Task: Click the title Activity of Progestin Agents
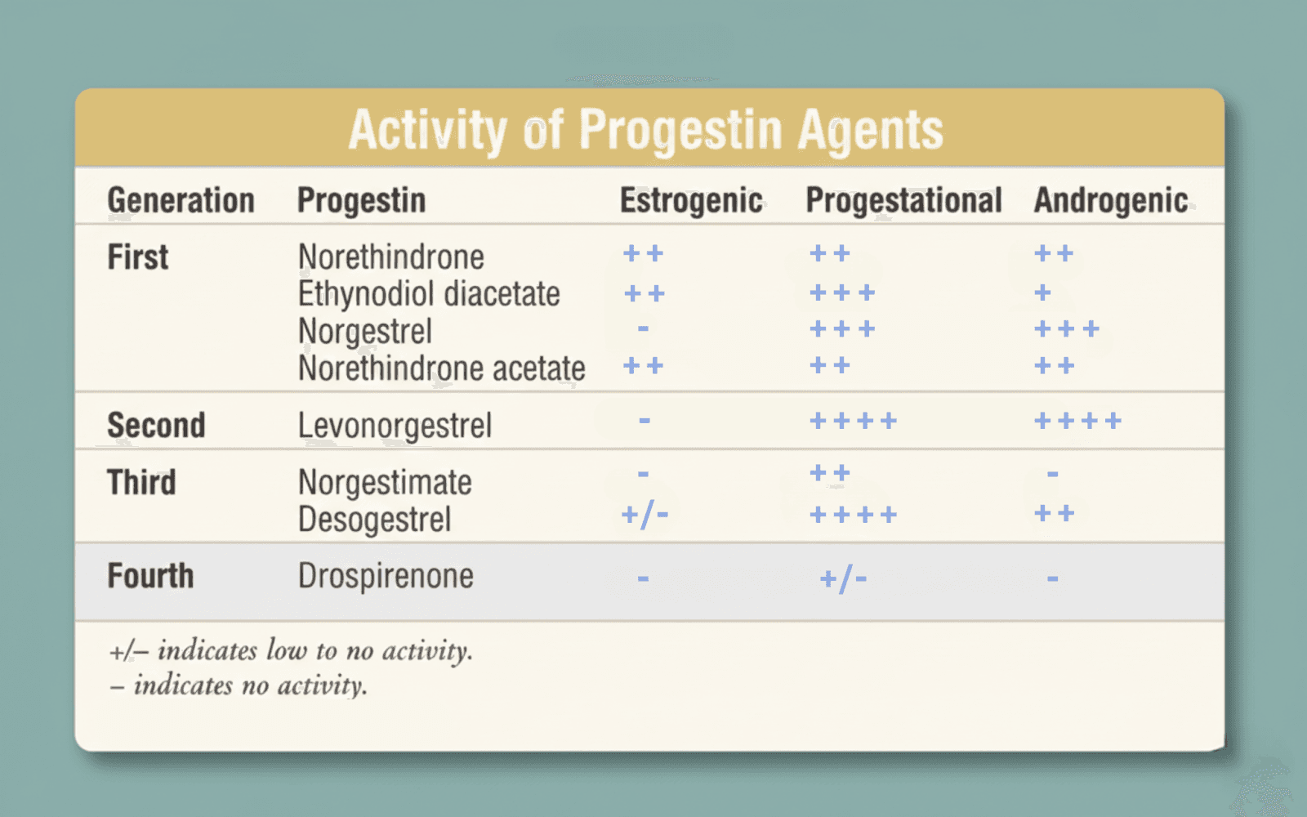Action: pos(645,130)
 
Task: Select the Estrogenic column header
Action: pos(691,200)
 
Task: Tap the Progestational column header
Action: pos(903,200)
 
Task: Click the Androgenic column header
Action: pos(1111,200)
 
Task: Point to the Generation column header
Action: pos(181,200)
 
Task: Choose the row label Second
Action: pos(156,425)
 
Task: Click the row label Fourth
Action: pos(150,576)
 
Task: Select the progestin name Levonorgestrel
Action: pos(395,425)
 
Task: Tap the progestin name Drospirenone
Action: pos(386,576)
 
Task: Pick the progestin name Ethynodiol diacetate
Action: pos(429,294)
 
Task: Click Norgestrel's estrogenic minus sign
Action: pos(644,328)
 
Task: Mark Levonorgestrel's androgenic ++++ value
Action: pos(1077,421)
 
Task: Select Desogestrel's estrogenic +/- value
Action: pos(645,515)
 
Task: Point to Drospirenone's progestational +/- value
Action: pos(843,579)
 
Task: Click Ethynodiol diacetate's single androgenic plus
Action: pos(1042,292)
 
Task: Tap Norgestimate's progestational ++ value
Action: pos(830,472)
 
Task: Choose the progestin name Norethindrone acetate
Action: pos(441,368)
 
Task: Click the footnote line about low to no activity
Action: pos(291,651)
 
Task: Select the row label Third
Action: pos(141,482)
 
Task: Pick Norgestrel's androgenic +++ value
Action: pos(1066,329)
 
